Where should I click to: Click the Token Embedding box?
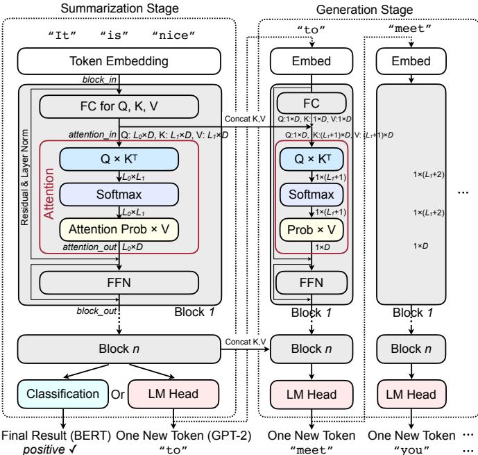point(119,62)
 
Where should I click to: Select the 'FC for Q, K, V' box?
point(119,106)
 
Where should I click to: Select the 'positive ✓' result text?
point(46,447)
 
